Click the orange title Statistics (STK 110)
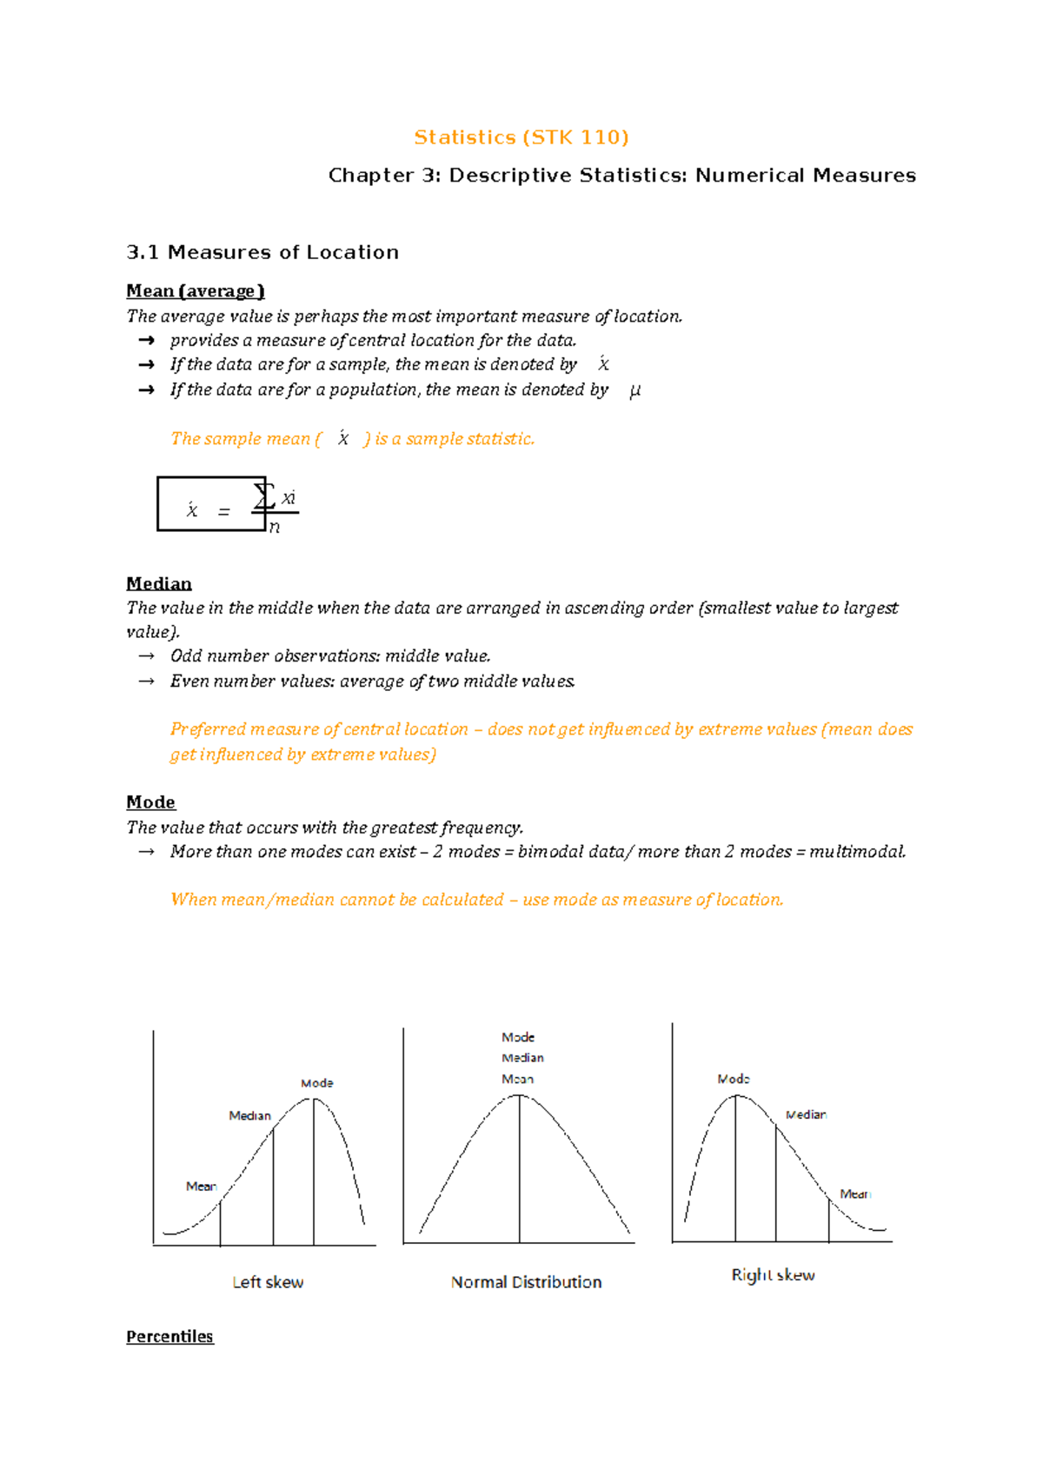pos(521,137)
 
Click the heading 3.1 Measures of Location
pos(262,252)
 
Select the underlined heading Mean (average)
pos(195,291)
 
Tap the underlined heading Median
pos(158,583)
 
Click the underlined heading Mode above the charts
pos(150,801)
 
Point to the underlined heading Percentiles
pos(169,1336)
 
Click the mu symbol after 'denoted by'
pos(634,390)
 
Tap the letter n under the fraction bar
pos(275,527)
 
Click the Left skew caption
pos(268,1282)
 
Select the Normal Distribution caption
pos(526,1282)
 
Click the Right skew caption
pos(773,1275)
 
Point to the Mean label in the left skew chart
pos(201,1186)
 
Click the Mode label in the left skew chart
pos(316,1083)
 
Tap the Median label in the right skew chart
pos(806,1114)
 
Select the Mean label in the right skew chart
pos(854,1194)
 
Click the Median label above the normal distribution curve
pos(522,1058)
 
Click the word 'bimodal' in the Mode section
pos(551,852)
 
